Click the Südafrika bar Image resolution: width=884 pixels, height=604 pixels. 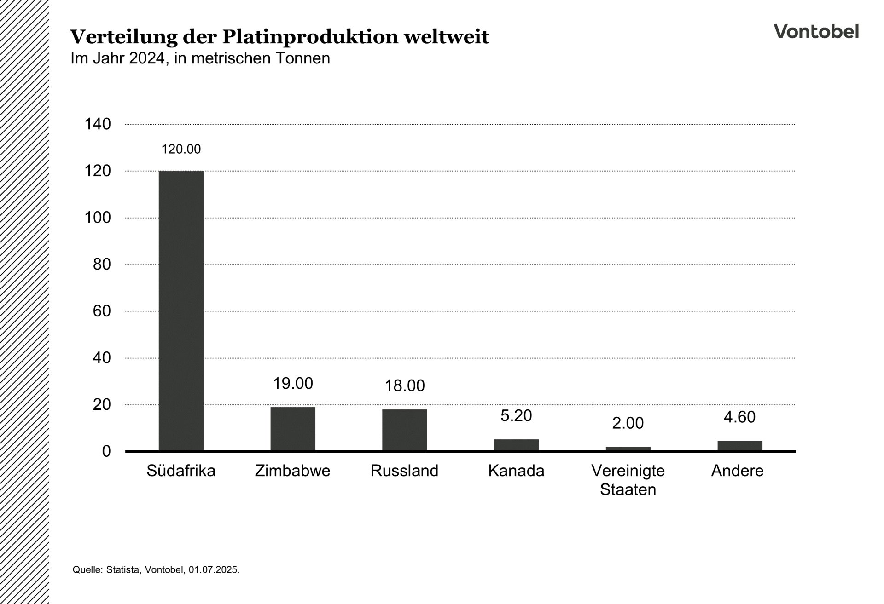click(x=181, y=311)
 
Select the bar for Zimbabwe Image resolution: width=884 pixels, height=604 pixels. click(x=293, y=429)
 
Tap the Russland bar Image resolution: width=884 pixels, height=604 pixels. click(x=404, y=430)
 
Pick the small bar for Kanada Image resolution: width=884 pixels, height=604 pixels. click(x=516, y=445)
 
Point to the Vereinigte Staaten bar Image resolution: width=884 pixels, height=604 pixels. click(x=628, y=449)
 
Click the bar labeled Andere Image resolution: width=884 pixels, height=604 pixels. click(x=739, y=445)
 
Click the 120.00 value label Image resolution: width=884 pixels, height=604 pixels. click(x=181, y=149)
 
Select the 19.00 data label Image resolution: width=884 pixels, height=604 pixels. click(x=293, y=383)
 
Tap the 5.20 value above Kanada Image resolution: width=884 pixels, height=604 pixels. click(x=516, y=415)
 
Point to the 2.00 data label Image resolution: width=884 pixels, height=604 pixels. click(x=628, y=423)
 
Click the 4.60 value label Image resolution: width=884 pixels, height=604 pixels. click(x=739, y=417)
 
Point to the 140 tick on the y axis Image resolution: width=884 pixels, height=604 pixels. click(x=98, y=124)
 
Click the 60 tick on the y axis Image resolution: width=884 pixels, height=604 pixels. click(x=102, y=311)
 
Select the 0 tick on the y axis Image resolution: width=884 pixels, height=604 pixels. click(x=106, y=451)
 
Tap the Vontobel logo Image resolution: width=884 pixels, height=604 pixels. click(x=816, y=31)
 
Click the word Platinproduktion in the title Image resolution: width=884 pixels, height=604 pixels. click(x=310, y=37)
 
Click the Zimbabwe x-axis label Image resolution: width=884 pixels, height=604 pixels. click(x=293, y=471)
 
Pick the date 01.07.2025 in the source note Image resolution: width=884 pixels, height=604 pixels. click(x=213, y=569)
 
